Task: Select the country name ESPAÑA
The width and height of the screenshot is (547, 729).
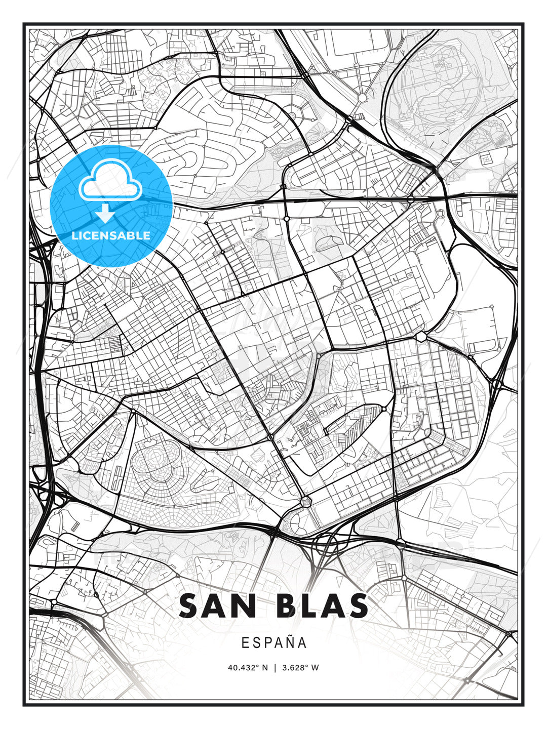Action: pos(274,643)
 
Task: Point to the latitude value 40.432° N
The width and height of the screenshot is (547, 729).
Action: pos(248,668)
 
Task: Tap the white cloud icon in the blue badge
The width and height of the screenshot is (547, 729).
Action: pos(110,182)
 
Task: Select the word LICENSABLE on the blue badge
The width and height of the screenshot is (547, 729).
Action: pos(111,235)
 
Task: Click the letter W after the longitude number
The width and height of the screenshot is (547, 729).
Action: pos(316,668)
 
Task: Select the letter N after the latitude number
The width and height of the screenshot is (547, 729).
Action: pos(264,668)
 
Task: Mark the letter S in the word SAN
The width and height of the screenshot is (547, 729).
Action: pos(189,605)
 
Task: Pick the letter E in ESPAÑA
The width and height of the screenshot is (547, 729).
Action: pos(245,643)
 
